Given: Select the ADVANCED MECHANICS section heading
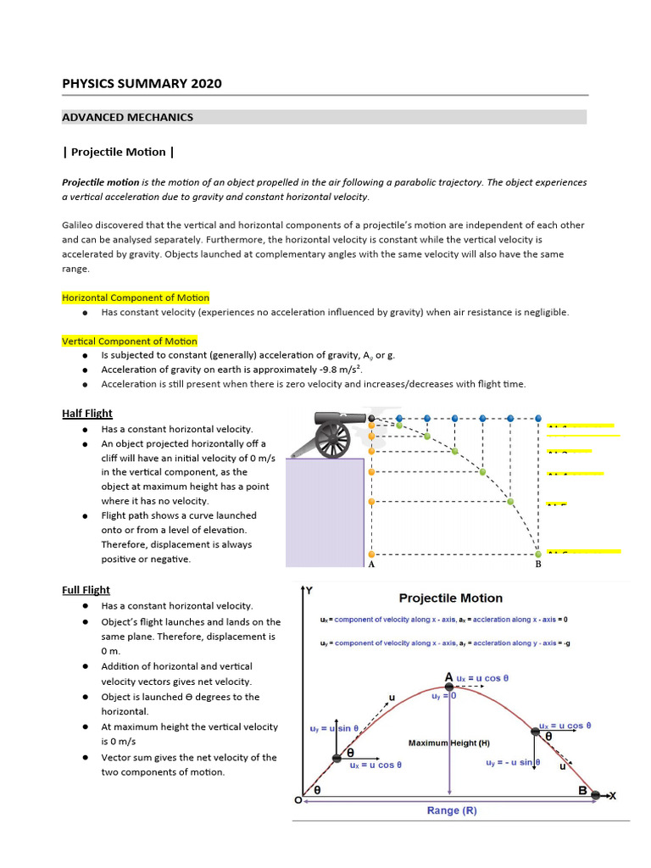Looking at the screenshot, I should [x=128, y=117].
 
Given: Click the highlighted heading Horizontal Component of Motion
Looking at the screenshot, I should [x=136, y=298].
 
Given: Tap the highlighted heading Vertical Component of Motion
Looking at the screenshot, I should [x=129, y=341].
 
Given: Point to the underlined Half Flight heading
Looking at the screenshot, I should [x=87, y=414].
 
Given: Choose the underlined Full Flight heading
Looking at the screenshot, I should [x=86, y=590].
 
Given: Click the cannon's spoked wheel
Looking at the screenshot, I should [x=332, y=439].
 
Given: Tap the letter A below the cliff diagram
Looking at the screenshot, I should [x=370, y=565].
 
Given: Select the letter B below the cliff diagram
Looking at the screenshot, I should [x=537, y=565].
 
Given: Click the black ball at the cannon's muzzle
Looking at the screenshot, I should [x=371, y=419].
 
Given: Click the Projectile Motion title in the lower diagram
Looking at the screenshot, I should [x=451, y=598].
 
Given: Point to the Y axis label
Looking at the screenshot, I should [x=309, y=590].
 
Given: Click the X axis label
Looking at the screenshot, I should [x=612, y=795].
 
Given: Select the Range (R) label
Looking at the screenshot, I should [x=452, y=810].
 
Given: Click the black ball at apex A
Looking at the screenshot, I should [x=449, y=687].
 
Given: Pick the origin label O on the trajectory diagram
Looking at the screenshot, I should [x=298, y=799].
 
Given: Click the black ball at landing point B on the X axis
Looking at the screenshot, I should [x=596, y=794].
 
